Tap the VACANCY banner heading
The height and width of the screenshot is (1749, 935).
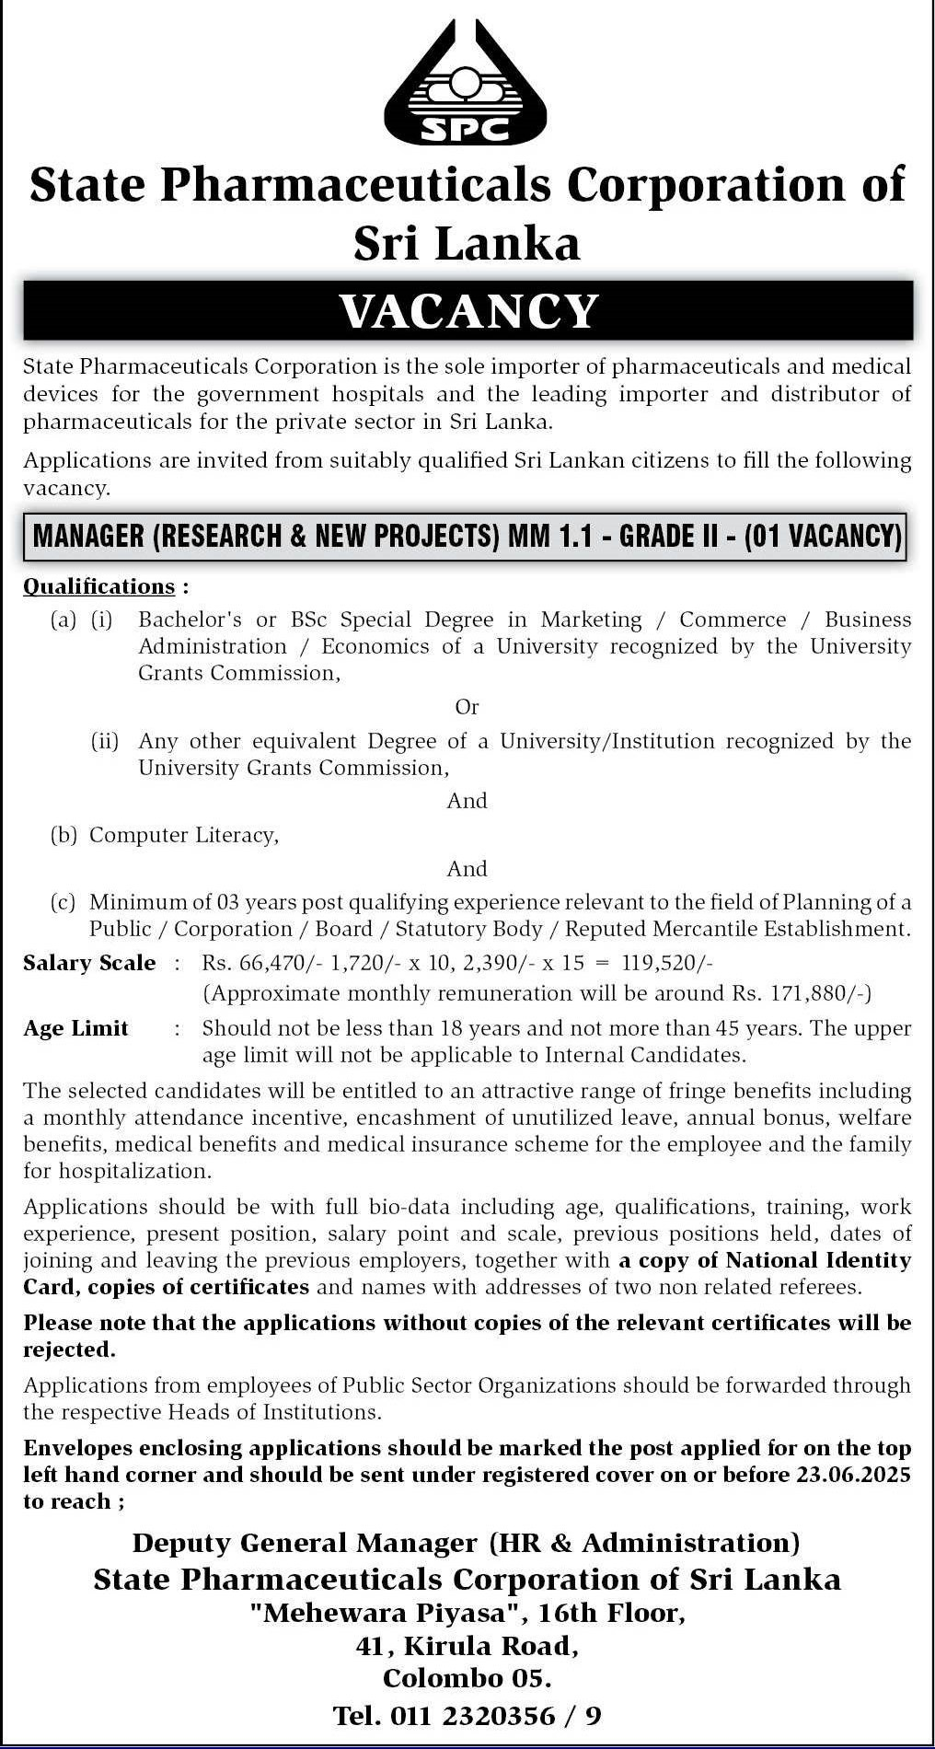point(467,311)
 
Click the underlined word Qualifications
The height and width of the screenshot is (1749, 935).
point(98,586)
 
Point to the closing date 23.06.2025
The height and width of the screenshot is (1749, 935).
point(850,1475)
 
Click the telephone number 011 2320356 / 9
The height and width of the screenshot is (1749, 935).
point(496,1715)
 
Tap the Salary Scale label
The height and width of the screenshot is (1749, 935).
point(89,963)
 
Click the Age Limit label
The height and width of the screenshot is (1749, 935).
point(75,1028)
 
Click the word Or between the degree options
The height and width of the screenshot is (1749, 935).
point(467,707)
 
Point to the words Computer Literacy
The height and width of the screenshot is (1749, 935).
point(183,835)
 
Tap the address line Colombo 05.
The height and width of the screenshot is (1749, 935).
point(467,1678)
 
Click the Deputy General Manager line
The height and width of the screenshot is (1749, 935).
point(467,1543)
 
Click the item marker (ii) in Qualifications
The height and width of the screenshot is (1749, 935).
point(104,741)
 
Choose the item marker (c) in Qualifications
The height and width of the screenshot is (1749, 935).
point(63,902)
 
